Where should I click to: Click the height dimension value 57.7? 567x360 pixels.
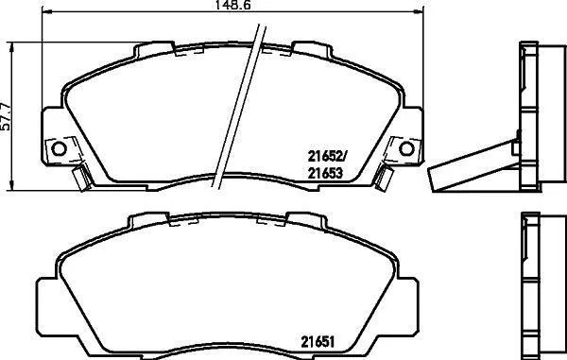(x=5, y=116)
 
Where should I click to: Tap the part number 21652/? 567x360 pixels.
(x=327, y=156)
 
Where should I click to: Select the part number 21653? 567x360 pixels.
(x=325, y=174)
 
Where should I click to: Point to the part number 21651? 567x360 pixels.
(x=318, y=341)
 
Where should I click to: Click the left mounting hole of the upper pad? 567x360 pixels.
(x=59, y=148)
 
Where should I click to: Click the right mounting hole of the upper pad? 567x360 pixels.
(x=406, y=148)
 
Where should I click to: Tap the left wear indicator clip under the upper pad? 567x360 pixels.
(x=81, y=177)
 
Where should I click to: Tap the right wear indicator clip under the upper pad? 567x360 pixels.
(x=384, y=177)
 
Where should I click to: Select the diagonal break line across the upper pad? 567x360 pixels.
(x=239, y=106)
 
